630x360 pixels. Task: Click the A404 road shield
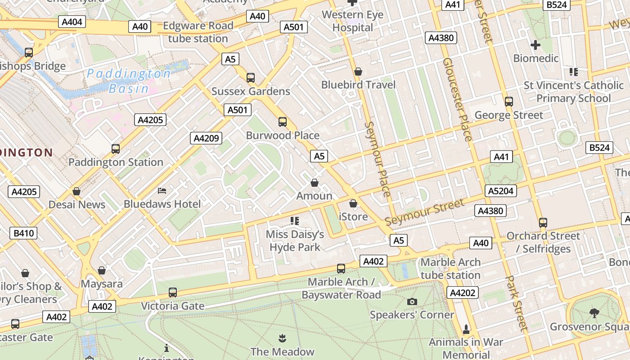(x=72, y=21)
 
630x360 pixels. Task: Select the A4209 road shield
(x=206, y=138)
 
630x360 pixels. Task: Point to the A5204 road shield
(x=500, y=191)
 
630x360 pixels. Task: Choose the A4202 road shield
(x=463, y=293)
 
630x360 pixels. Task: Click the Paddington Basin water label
(x=129, y=81)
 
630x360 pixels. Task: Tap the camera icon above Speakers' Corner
(x=412, y=301)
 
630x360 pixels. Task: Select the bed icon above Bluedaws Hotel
(x=162, y=191)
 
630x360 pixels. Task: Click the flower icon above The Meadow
(x=282, y=338)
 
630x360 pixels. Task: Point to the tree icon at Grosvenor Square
(x=594, y=313)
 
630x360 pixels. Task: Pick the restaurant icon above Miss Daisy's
(x=295, y=220)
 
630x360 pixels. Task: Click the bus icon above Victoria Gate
(x=173, y=292)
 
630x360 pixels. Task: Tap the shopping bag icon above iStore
(x=353, y=203)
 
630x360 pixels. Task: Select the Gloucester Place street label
(x=457, y=99)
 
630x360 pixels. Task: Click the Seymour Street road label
(x=424, y=212)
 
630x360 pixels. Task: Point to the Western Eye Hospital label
(x=353, y=21)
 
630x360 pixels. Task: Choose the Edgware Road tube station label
(x=198, y=32)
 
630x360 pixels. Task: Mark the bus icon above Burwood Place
(x=283, y=122)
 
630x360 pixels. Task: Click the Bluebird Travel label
(x=358, y=85)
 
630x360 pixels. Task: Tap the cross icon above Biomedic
(x=535, y=45)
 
